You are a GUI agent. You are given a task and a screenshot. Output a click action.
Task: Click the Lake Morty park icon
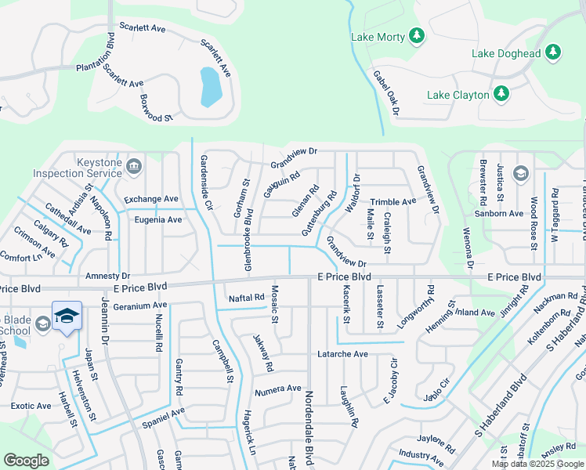417,35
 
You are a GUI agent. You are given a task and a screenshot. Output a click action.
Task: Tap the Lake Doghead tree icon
554,52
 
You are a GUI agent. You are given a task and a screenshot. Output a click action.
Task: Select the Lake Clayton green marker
501,94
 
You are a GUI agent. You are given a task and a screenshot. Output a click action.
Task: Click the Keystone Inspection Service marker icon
134,165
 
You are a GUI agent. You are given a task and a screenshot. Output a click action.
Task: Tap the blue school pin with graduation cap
67,316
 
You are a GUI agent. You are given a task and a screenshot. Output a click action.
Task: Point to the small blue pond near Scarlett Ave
210,87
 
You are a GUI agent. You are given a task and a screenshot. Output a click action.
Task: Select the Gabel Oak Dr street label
386,93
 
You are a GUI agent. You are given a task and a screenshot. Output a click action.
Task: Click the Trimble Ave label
393,202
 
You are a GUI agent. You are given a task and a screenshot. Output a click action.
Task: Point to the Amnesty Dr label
107,277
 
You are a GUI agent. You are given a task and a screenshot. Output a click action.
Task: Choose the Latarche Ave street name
342,354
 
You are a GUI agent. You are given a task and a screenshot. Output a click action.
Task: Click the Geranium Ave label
139,305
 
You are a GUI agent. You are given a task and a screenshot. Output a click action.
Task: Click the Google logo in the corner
26,461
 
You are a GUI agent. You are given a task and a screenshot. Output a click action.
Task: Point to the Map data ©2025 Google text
537,464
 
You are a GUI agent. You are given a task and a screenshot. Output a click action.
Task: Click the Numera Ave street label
277,389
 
